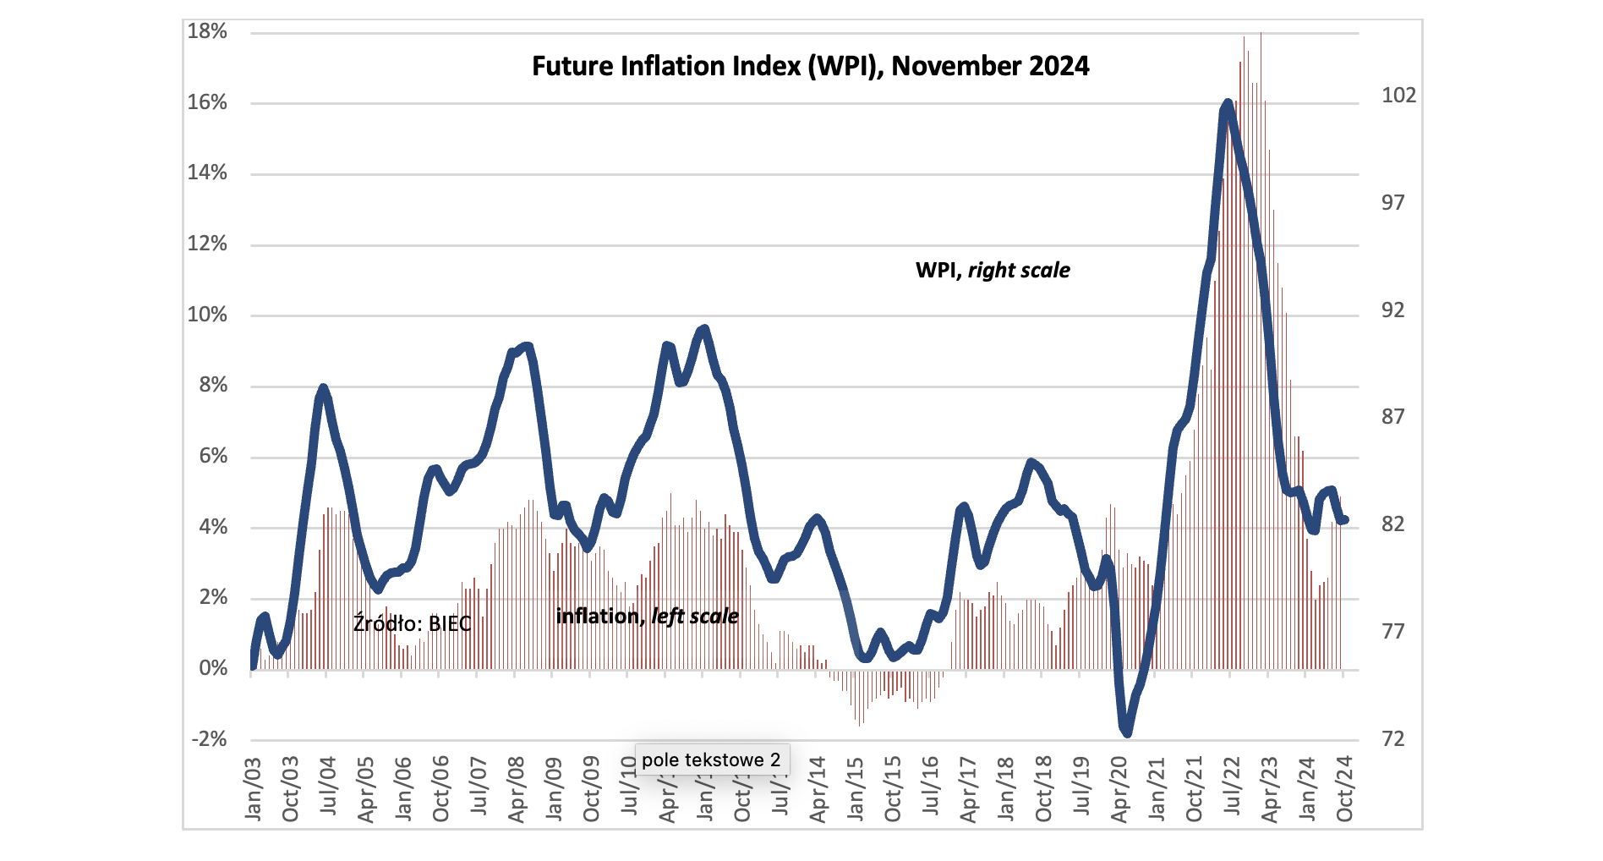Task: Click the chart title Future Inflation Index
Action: pyautogui.click(x=810, y=66)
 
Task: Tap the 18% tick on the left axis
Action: pyautogui.click(x=207, y=32)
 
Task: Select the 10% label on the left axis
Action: pyautogui.click(x=207, y=315)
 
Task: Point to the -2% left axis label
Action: pyautogui.click(x=210, y=739)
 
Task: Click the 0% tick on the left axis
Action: pyautogui.click(x=213, y=668)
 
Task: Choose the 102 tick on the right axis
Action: pyautogui.click(x=1398, y=96)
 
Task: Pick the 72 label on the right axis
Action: pyautogui.click(x=1392, y=739)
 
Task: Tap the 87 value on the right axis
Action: pyautogui.click(x=1392, y=416)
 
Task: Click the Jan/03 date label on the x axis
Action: pyautogui.click(x=253, y=788)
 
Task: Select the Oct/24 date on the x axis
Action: pyautogui.click(x=1344, y=788)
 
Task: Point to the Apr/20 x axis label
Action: pyautogui.click(x=1119, y=788)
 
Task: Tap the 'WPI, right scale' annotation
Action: pyautogui.click(x=993, y=271)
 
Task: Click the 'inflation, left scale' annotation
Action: pyautogui.click(x=647, y=617)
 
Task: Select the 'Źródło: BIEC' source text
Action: pyautogui.click(x=412, y=624)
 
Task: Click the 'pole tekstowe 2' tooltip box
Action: pyautogui.click(x=711, y=760)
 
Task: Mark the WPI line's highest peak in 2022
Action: pyautogui.click(x=1228, y=104)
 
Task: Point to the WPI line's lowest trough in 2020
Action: pyautogui.click(x=1126, y=732)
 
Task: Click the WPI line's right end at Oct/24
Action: pyautogui.click(x=1344, y=520)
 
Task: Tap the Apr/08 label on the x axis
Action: pyautogui.click(x=517, y=788)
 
